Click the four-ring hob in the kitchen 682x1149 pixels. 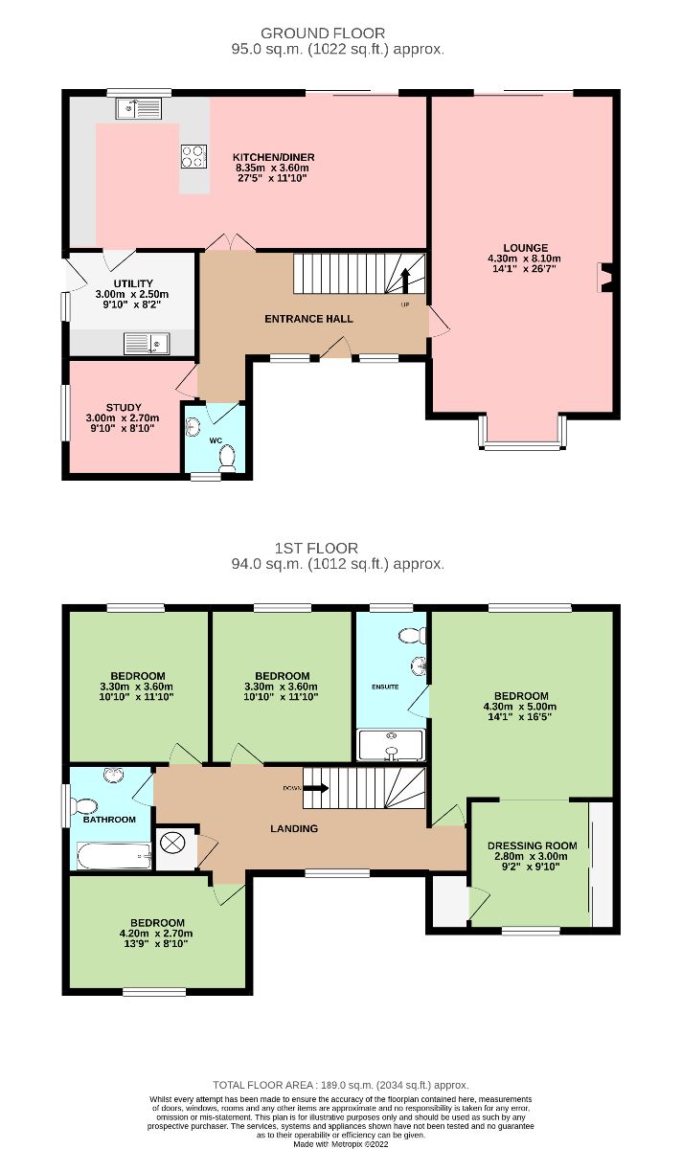tap(194, 156)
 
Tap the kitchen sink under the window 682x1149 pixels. tap(139, 108)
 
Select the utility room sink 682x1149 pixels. tap(147, 343)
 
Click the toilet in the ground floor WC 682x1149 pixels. tap(227, 458)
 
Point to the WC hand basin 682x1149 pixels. tap(193, 427)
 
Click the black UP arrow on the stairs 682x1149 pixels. tap(405, 281)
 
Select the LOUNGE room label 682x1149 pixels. tap(525, 248)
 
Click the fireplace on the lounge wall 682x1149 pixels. tap(605, 278)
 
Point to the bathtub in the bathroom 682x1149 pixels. tap(114, 856)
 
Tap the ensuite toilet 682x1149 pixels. tap(412, 636)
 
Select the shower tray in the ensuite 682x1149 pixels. tap(392, 745)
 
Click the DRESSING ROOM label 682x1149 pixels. tap(533, 845)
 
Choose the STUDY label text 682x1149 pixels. tap(124, 408)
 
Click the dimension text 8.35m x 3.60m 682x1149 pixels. tap(272, 168)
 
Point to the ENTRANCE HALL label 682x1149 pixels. tap(309, 319)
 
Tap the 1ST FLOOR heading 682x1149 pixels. tap(316, 548)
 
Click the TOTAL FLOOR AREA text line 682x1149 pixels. tap(341, 1085)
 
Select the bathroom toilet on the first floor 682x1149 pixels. tap(80, 806)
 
